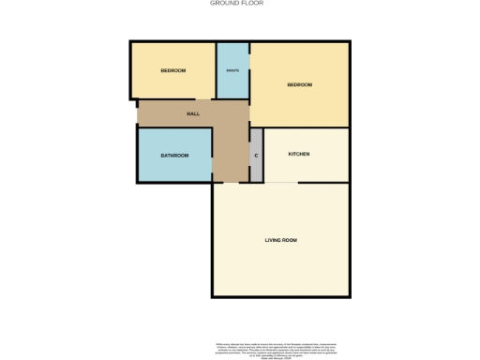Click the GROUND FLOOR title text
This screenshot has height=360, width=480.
pyautogui.click(x=235, y=4)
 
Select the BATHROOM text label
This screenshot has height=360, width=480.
pyautogui.click(x=174, y=156)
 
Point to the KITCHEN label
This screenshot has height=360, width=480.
pyautogui.click(x=299, y=154)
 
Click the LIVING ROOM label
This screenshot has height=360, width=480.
pyautogui.click(x=281, y=241)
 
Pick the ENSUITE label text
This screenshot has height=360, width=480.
pyautogui.click(x=232, y=71)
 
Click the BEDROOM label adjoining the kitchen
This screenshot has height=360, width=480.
pyautogui.click(x=299, y=85)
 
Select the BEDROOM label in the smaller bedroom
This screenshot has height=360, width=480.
pyautogui.click(x=172, y=71)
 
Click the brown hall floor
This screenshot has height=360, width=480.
pyautogui.click(x=230, y=141)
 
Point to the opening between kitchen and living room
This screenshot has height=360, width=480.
pyautogui.click(x=283, y=182)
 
